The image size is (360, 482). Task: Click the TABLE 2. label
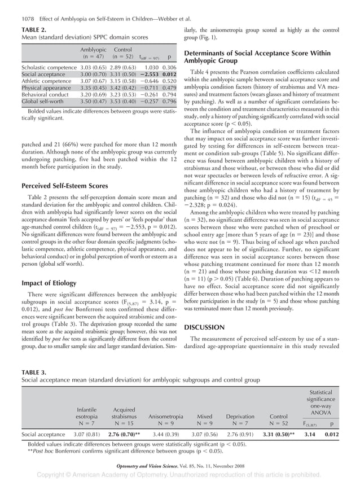(x=34, y=30)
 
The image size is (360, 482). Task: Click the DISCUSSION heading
(x=205, y=327)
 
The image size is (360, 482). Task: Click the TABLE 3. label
(x=34, y=371)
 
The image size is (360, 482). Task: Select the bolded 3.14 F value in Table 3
(x=310, y=435)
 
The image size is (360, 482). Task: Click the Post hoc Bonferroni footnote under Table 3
(x=117, y=452)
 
